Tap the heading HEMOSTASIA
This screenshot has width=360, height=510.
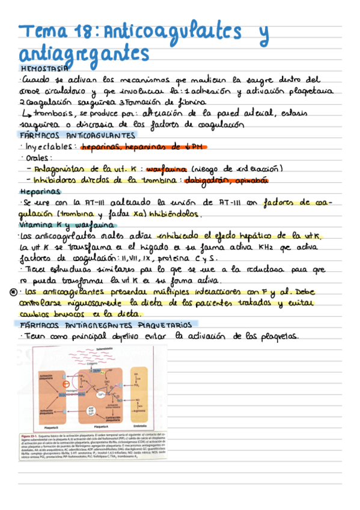[44, 68]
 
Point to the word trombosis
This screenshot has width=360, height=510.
[51, 113]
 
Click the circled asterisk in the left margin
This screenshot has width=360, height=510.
[13, 292]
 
